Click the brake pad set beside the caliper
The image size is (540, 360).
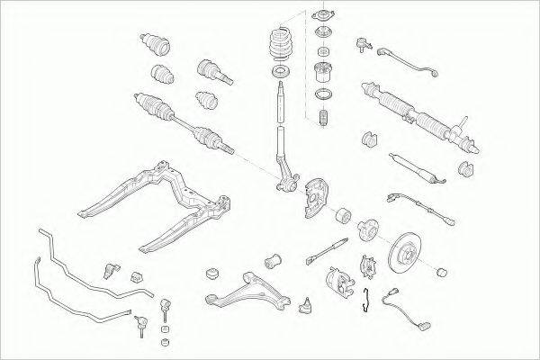tap(366, 265)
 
